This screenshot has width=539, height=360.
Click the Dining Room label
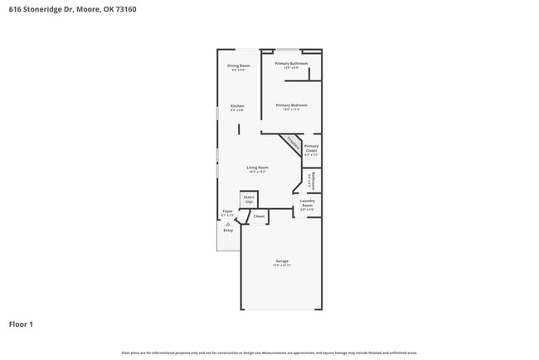pyautogui.click(x=238, y=66)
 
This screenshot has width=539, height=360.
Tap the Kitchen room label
pyautogui.click(x=237, y=106)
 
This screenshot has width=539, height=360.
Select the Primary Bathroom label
pyautogui.click(x=291, y=63)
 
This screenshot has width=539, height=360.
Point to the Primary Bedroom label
pyautogui.click(x=291, y=105)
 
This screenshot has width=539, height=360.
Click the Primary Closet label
pyautogui.click(x=311, y=148)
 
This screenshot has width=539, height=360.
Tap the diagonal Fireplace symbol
pyautogui.click(x=291, y=143)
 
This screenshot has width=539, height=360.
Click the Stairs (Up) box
pyautogui.click(x=249, y=199)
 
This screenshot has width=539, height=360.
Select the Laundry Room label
pyautogui.click(x=307, y=202)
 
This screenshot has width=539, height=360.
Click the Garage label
pyautogui.click(x=282, y=261)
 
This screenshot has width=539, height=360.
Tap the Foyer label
pyautogui.click(x=227, y=212)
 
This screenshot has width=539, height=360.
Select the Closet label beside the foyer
pyautogui.click(x=259, y=216)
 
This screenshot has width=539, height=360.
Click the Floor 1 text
pyautogui.click(x=22, y=324)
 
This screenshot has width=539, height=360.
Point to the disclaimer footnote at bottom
pyautogui.click(x=269, y=353)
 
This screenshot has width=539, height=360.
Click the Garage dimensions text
pyautogui.click(x=282, y=265)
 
